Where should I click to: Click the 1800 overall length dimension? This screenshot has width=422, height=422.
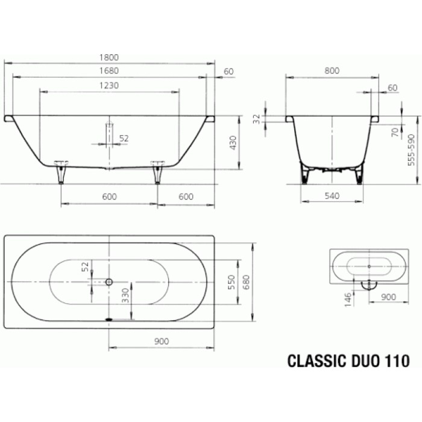109,57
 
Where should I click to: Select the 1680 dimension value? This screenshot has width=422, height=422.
109,71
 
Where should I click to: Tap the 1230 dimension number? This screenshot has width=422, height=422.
109,86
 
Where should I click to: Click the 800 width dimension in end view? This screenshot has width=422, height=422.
332,71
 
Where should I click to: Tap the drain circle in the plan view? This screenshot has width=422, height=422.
109,282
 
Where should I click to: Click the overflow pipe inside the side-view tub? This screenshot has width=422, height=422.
109,133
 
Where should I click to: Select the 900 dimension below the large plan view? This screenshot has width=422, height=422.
161,341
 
